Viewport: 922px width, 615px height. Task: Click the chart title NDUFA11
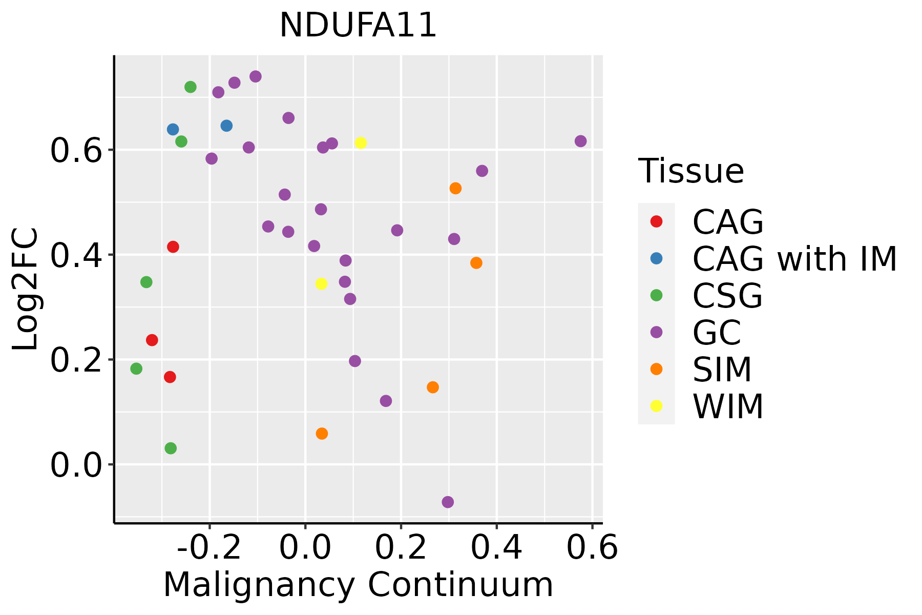tap(358, 25)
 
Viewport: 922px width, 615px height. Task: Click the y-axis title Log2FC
tap(26, 290)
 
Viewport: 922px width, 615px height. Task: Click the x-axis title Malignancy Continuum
tap(358, 585)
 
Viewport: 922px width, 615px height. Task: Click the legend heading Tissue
tap(691, 171)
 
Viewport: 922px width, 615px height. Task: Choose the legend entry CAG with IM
tap(794, 259)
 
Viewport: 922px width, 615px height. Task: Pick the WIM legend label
tap(728, 406)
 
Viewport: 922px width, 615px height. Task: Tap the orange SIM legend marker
tap(656, 369)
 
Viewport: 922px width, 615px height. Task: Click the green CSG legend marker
tap(656, 295)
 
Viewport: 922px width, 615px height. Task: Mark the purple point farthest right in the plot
tap(580, 141)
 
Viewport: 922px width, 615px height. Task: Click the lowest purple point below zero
tap(448, 502)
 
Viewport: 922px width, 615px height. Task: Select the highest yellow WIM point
tap(361, 143)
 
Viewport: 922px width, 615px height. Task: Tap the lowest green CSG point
tap(171, 448)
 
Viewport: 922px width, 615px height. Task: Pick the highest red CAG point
tap(173, 247)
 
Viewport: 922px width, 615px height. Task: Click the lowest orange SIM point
tap(322, 434)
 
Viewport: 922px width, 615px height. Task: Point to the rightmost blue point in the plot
tap(226, 126)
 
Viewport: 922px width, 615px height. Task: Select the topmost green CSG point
tap(191, 87)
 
